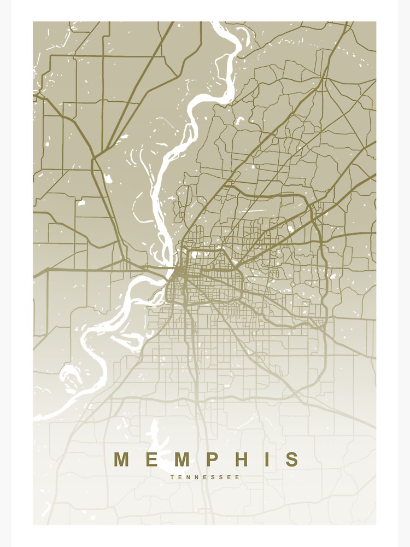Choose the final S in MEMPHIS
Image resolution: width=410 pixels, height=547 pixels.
click(292, 459)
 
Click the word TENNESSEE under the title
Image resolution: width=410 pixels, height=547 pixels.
click(205, 477)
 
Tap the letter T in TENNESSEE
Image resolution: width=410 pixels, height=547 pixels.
click(172, 477)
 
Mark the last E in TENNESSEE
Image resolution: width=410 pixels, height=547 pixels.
click(238, 477)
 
